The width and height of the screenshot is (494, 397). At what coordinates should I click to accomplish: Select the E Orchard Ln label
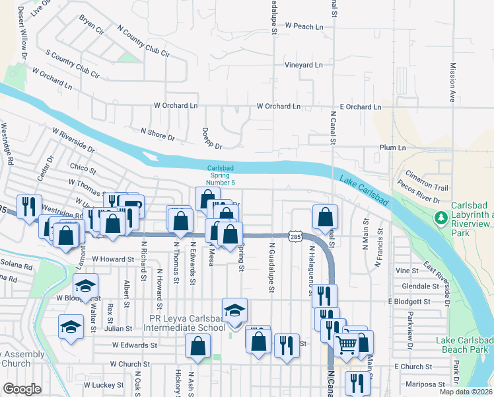(360, 107)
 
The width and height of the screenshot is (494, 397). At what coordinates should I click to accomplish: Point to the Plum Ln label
(392, 148)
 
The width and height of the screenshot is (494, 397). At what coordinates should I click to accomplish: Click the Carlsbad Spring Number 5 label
(220, 175)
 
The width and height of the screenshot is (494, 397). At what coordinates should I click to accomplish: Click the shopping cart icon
(346, 342)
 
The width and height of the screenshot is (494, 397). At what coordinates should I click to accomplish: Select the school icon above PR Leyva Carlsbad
(234, 310)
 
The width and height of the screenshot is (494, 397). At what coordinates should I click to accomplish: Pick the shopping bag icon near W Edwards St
(197, 345)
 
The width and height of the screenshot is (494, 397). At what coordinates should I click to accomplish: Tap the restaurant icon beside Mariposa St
(357, 382)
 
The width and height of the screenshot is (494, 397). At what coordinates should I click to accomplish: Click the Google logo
(22, 388)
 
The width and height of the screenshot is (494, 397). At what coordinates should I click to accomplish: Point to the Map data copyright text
(466, 392)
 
